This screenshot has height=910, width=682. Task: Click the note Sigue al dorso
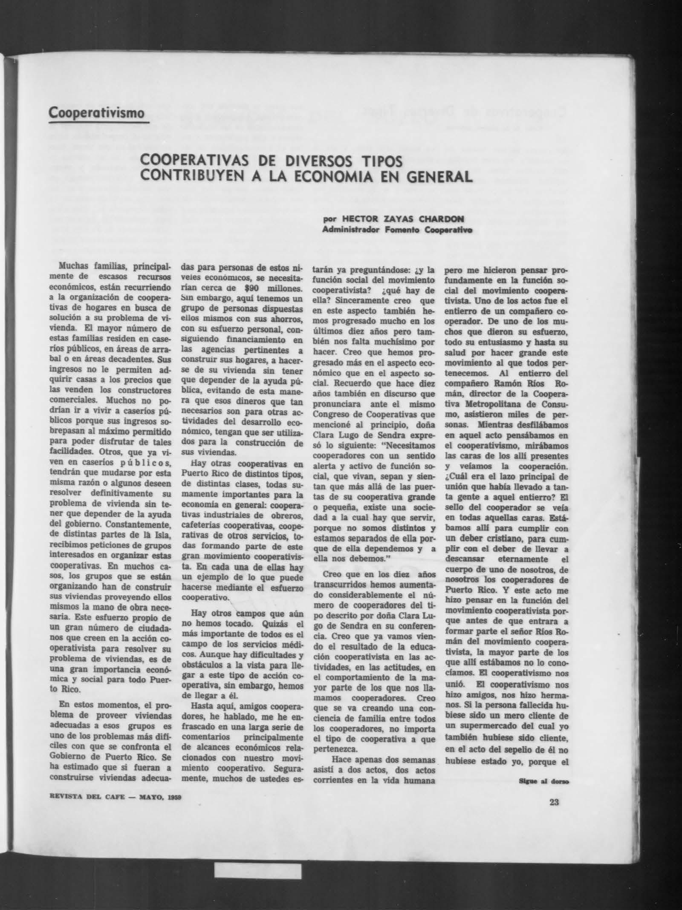point(544,782)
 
